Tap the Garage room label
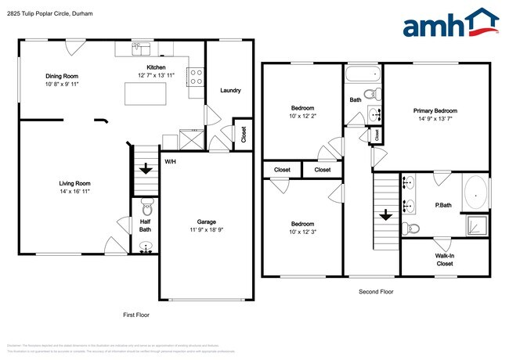(206, 221)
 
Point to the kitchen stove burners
(196, 76)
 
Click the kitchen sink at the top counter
(141, 49)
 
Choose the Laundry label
(230, 90)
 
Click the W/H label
(169, 161)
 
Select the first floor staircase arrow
(146, 168)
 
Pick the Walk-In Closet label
(444, 260)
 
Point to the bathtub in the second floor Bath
(362, 76)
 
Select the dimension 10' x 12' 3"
(302, 232)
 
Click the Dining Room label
(61, 76)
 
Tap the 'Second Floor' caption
(375, 291)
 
